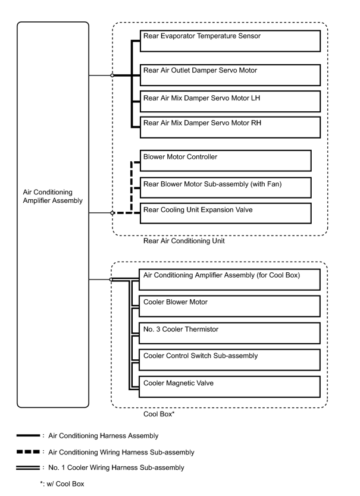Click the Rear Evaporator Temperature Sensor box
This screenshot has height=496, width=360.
point(230,41)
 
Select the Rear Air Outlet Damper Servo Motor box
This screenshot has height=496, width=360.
point(230,75)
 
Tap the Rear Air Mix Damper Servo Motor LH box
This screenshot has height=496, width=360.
point(230,101)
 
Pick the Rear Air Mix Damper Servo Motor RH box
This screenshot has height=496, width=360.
point(230,127)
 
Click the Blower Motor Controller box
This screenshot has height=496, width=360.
point(226,161)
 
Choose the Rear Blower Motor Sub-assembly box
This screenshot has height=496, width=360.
point(226,187)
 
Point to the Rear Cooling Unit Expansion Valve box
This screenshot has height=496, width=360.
point(226,213)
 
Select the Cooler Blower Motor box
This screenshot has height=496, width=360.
point(230,306)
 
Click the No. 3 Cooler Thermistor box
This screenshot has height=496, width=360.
point(230,333)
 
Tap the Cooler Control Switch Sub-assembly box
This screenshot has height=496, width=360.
point(230,360)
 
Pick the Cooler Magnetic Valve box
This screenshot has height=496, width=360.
point(230,387)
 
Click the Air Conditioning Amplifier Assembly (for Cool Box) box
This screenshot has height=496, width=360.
point(230,280)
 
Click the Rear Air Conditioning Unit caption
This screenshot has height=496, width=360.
point(184,241)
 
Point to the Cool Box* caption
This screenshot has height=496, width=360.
point(159,414)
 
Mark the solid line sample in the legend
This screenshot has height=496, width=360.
point(28,435)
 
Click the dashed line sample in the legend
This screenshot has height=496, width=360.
point(28,452)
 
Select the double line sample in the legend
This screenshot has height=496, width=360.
point(28,467)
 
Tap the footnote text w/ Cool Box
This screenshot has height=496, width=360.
point(65,484)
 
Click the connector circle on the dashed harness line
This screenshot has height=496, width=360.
point(112,213)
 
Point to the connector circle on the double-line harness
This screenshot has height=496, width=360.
point(111,280)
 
